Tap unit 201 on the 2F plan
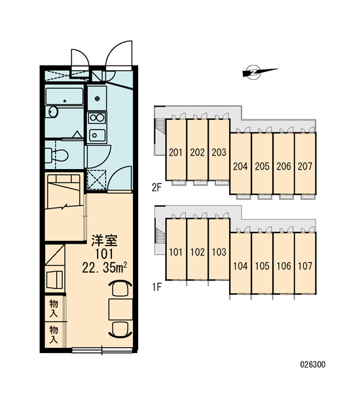pos(176,149)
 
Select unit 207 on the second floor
pos(305,163)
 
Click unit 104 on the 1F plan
pos(240,263)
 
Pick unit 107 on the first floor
pos(305,263)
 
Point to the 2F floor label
pos(157,187)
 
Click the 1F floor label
pos(157,287)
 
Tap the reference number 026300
pos(313,364)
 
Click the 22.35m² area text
pos(104,268)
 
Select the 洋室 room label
pos(104,240)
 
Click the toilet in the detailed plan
pos(56,155)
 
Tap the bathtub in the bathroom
pos(64,96)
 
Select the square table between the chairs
pos(120,309)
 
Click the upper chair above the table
pos(120,288)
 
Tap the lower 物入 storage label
pos(54,334)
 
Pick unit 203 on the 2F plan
pos(219,149)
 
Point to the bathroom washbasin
pos(53,112)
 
